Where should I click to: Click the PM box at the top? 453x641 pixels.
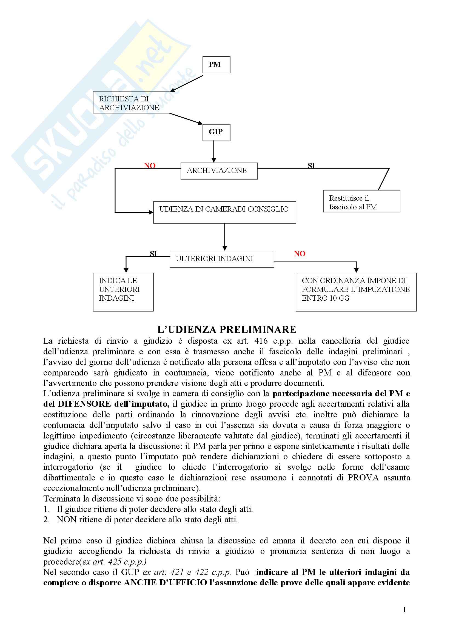tap(216, 64)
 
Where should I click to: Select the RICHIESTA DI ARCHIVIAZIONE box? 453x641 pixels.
tap(131, 102)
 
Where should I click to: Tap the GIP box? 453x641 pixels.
tap(216, 132)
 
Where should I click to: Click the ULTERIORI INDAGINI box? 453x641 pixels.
tap(222, 259)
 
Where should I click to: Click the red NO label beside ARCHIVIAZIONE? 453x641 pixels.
tap(150, 166)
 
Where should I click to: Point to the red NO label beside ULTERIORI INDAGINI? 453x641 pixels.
tap(300, 254)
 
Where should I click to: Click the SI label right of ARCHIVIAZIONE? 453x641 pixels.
tap(311, 166)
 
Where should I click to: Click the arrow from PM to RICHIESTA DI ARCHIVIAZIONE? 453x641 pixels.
tap(187, 83)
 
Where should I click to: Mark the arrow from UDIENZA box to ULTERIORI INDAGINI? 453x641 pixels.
tap(225, 237)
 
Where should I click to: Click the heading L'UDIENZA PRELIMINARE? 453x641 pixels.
tap(226, 330)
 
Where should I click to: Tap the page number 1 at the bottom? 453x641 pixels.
tap(404, 609)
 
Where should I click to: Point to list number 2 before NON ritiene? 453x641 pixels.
tap(46, 520)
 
